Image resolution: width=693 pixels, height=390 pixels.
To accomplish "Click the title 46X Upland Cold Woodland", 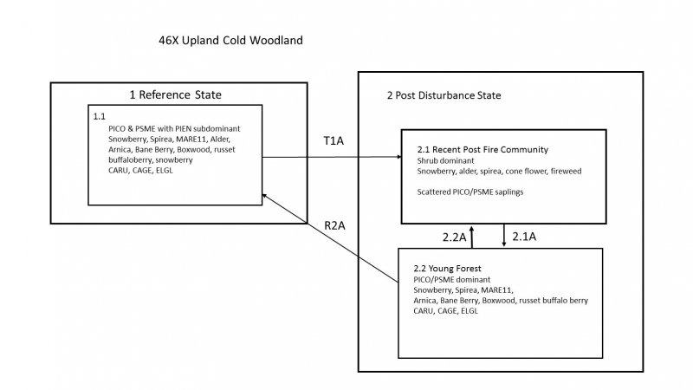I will [x=230, y=41].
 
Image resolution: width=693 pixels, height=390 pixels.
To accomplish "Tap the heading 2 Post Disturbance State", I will [x=444, y=94].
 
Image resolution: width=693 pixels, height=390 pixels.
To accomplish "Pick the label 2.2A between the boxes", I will [x=451, y=236].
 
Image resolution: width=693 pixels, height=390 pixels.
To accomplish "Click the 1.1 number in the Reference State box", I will [x=100, y=115].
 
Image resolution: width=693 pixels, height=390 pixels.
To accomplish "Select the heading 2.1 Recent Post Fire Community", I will [x=482, y=149].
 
